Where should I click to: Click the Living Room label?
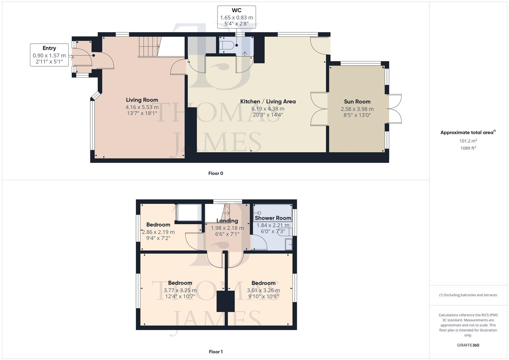pos(142,100)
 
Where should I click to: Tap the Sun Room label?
pos(357,102)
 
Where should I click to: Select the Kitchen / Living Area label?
pos(268,102)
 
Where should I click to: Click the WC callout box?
pos(236,17)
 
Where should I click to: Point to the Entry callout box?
pos(49,55)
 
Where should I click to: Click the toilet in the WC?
pos(227,46)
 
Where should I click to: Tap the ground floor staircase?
pos(148,46)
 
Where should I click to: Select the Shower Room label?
pos(273,218)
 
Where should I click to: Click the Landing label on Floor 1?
pos(227,221)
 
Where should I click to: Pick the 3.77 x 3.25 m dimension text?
pos(180,290)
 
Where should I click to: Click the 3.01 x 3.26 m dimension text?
pos(263,290)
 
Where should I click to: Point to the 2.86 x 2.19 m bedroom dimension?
pos(158,232)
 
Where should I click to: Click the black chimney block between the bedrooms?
pos(226,301)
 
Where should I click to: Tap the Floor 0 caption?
pos(216,173)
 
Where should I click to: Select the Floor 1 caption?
pos(216,352)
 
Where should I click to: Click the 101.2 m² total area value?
pos(468,141)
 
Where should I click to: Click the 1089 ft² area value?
pos(468,148)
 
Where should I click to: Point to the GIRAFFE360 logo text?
pos(468,345)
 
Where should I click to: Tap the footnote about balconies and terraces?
pos(468,295)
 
